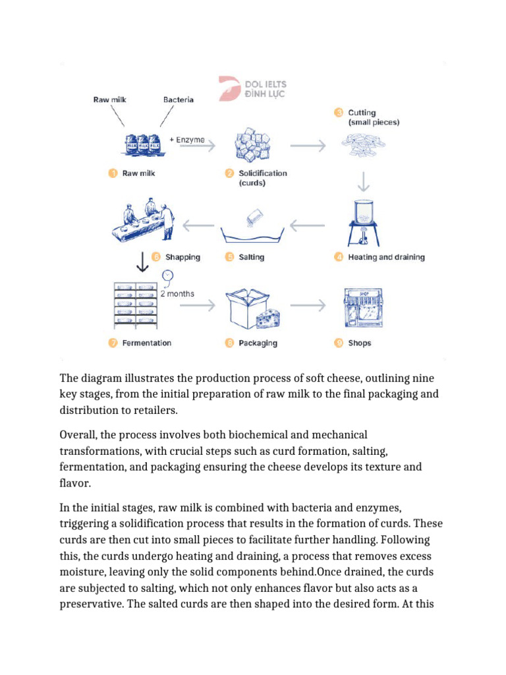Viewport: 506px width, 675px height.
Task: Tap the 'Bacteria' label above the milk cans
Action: (x=178, y=100)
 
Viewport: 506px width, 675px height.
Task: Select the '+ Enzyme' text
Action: (x=186, y=140)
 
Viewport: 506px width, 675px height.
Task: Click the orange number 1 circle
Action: (x=113, y=173)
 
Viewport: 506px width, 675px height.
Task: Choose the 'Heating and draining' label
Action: (x=386, y=257)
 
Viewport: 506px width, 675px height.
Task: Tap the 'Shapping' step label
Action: (x=183, y=257)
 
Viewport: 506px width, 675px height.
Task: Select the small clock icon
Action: (x=168, y=276)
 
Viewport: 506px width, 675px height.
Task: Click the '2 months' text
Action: (x=179, y=293)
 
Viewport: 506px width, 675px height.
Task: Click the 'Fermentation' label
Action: (x=146, y=343)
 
